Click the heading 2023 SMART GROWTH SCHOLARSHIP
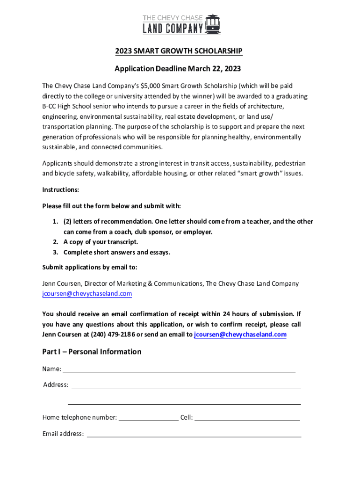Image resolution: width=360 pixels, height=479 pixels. (180, 51)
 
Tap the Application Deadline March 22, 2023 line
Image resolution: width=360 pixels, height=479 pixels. (178, 69)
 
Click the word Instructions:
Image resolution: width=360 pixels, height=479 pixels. (61, 190)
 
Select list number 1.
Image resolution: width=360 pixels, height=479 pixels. (55, 221)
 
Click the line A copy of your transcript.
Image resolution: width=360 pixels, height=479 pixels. (101, 242)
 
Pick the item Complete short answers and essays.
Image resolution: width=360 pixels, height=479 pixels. (117, 252)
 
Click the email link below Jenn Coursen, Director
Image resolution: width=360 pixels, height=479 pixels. (87, 294)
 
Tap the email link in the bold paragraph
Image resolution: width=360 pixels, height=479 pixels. (240, 334)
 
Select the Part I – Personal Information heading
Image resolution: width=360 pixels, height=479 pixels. (92, 352)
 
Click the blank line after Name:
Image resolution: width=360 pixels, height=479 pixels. (179, 370)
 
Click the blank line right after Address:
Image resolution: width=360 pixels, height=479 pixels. (186, 386)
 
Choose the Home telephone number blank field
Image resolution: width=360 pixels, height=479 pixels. (149, 418)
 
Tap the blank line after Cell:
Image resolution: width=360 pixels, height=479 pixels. (247, 418)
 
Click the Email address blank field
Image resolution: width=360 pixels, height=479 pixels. (194, 435)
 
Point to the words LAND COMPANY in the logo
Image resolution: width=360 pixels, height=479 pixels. (173, 29)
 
